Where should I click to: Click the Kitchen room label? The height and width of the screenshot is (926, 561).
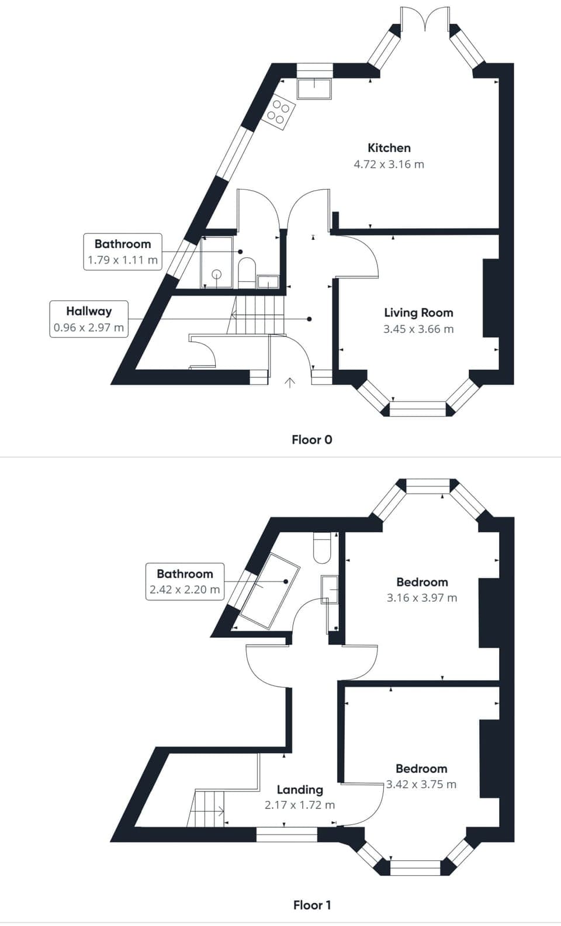(389, 148)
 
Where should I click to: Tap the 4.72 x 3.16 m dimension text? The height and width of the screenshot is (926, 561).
(389, 164)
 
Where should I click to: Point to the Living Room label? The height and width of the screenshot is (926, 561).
(418, 313)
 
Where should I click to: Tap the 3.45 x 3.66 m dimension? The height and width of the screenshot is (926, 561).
(418, 329)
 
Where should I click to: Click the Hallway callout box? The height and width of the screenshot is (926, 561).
(89, 319)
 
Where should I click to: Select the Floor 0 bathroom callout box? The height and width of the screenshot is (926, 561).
(123, 252)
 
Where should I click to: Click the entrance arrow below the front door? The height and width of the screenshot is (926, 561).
(289, 383)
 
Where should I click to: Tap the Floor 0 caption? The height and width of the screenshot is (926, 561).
(312, 440)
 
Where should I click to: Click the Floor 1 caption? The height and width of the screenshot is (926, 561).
(312, 906)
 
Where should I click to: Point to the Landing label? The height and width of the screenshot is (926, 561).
(300, 790)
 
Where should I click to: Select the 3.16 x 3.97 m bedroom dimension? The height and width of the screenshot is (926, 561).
(422, 598)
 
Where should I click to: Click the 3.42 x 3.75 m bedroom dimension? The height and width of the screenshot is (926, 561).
(421, 784)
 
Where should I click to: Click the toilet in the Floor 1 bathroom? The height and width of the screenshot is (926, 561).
(322, 548)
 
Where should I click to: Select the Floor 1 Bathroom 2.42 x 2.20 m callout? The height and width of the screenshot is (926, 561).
(185, 582)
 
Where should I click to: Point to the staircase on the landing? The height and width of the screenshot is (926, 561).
(207, 808)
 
